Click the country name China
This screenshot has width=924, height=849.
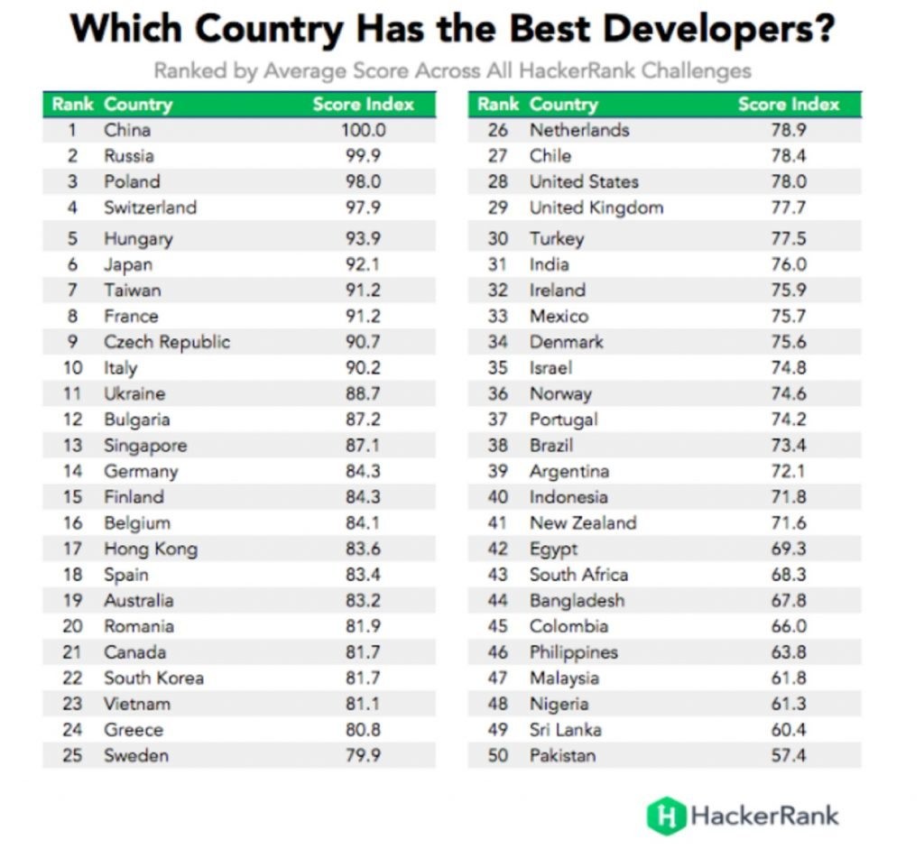[x=126, y=130]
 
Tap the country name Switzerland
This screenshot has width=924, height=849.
[x=150, y=208]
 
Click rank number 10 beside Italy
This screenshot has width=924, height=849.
[x=73, y=368]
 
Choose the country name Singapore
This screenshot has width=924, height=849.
[x=145, y=446]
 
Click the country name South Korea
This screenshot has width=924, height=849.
[x=153, y=678]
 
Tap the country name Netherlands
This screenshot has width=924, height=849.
[x=579, y=130]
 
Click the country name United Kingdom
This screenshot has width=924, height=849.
[x=596, y=208]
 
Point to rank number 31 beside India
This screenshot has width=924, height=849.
[x=498, y=264]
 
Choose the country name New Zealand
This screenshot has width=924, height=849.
[x=583, y=523]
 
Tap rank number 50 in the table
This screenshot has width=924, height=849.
[x=498, y=756]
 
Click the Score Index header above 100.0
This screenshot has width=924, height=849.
[x=363, y=105]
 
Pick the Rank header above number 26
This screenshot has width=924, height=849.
[x=498, y=105]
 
